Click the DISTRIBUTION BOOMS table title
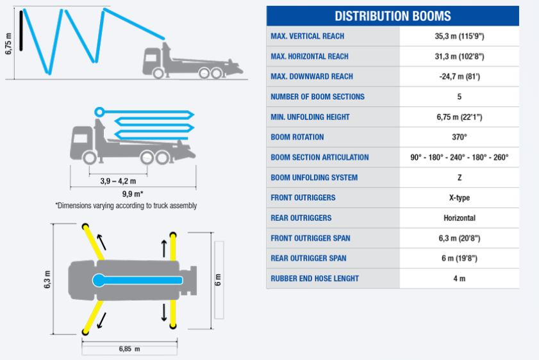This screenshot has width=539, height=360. [x=393, y=16]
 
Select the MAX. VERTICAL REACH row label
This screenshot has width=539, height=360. [x=307, y=36]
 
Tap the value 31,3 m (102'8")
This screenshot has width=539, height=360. [x=460, y=56]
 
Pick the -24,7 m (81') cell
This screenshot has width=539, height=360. [x=460, y=76]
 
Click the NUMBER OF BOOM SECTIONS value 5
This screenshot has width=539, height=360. [x=460, y=97]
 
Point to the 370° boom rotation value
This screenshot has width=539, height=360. [x=460, y=137]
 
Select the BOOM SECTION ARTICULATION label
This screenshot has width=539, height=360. [x=320, y=158]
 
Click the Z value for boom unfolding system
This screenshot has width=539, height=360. [x=460, y=177]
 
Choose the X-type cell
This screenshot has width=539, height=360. [x=460, y=198]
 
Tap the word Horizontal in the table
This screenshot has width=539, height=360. [x=460, y=218]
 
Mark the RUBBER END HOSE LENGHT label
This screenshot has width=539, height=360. [x=315, y=279]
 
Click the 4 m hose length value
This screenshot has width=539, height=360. [x=460, y=279]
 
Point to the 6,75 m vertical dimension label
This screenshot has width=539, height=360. [x=8, y=44]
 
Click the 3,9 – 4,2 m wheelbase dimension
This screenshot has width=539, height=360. [x=118, y=181]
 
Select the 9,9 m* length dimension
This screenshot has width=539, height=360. [x=133, y=193]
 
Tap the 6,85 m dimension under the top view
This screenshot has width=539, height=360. [x=129, y=349]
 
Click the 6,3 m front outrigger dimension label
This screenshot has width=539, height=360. [x=47, y=279]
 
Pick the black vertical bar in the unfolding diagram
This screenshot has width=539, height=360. [x=21, y=31]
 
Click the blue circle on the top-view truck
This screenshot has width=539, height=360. [x=99, y=281]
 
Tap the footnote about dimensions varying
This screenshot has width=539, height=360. [x=126, y=206]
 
